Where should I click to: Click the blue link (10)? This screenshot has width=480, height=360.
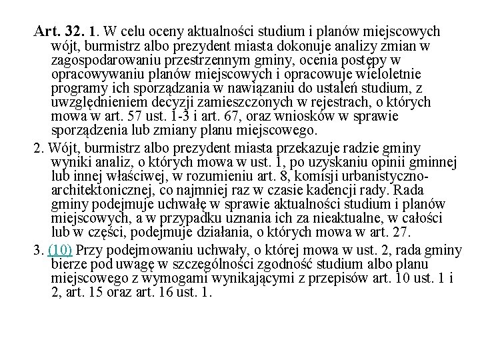tap(60, 250)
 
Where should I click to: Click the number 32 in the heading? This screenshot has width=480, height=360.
tap(71, 31)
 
